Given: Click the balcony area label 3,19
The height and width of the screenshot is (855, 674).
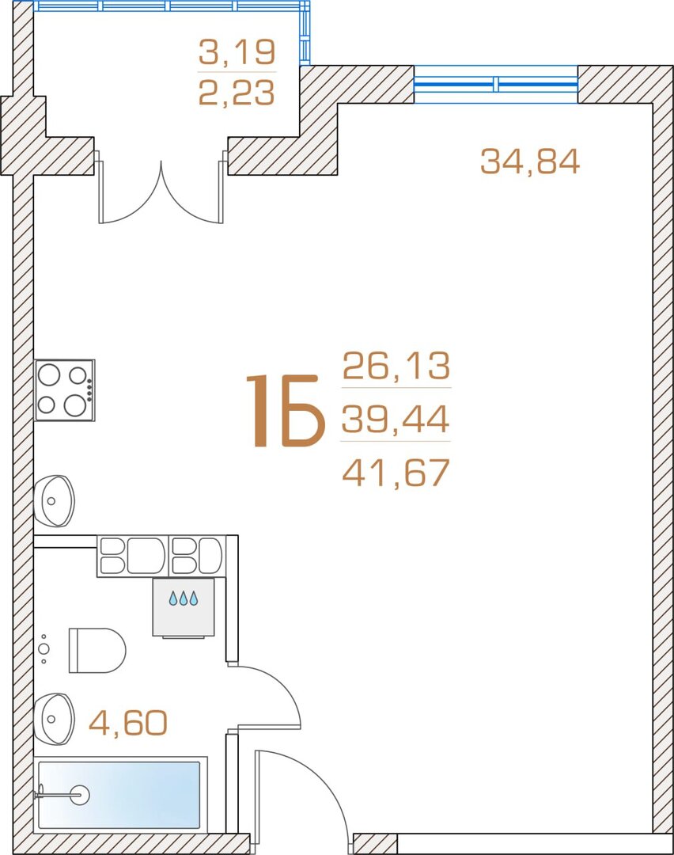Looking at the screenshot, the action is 237,51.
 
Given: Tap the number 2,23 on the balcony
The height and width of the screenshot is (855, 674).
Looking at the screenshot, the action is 237,92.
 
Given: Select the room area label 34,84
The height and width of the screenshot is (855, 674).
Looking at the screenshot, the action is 530,161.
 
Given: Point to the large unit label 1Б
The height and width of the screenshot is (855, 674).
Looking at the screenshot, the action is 286,411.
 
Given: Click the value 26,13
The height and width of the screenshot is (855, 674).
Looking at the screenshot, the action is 396,365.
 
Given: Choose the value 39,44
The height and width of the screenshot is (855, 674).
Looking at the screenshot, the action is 396,419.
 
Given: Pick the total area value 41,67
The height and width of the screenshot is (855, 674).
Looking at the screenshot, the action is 396,472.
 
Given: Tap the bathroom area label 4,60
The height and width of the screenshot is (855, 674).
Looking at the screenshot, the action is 128,723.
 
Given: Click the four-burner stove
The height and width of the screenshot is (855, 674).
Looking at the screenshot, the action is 65,389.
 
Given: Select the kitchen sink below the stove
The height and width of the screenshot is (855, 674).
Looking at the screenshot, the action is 54,500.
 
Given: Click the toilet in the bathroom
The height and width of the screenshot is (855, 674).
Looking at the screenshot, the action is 97,651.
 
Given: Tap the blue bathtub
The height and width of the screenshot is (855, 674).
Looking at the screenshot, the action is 119,794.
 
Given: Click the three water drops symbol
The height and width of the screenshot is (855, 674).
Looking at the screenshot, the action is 183,598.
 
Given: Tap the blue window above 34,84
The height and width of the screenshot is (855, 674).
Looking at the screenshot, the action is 496,84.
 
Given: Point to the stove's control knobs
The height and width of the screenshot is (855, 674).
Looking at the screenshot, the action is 89,389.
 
